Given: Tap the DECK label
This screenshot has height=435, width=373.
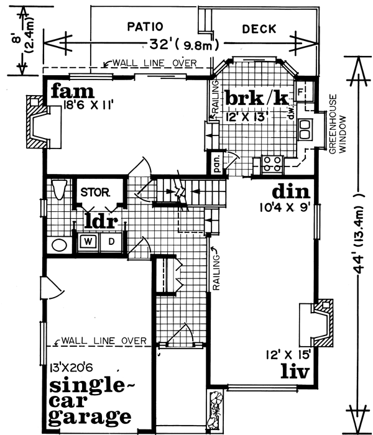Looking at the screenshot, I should [x=259, y=29].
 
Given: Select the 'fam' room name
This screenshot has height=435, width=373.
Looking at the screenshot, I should [x=68, y=91].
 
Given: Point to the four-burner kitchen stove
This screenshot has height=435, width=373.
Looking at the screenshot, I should [x=272, y=163].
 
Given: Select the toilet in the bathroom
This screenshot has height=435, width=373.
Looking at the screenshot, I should [x=58, y=189].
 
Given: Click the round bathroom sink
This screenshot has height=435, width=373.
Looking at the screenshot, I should [x=59, y=244].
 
